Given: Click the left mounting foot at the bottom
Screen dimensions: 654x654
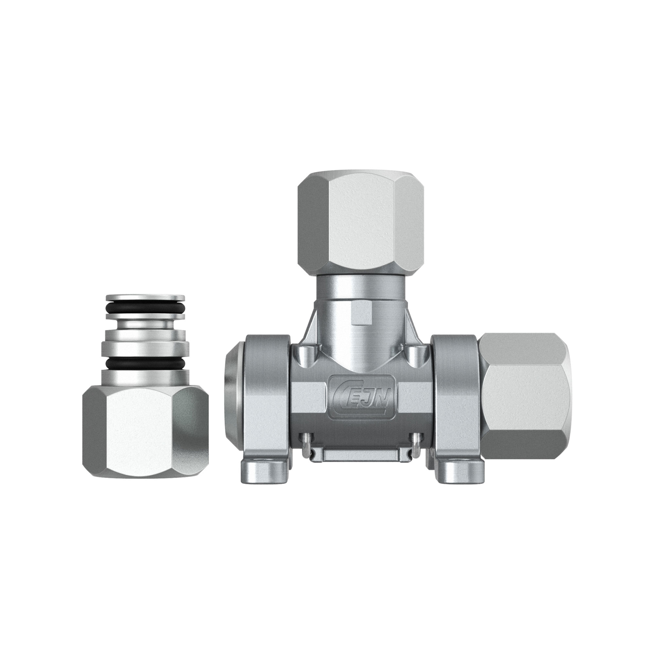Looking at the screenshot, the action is point(261,471).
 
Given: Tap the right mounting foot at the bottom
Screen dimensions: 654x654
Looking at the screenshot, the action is point(461,471).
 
